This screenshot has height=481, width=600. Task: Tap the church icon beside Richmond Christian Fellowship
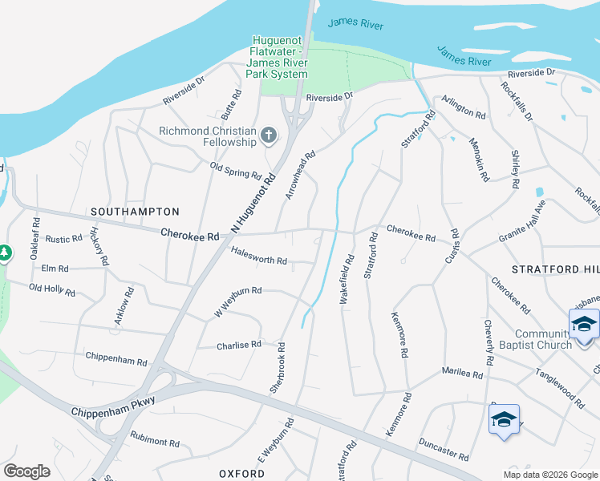pyautogui.click(x=269, y=137)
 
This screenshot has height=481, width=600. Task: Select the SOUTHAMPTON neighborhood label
pyautogui.click(x=135, y=211)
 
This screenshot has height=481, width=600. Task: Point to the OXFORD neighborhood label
pyautogui.click(x=242, y=474)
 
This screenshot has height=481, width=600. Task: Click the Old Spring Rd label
pyautogui.click(x=236, y=170)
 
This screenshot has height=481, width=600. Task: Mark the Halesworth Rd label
pyautogui.click(x=258, y=260)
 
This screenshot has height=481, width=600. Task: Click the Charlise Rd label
pyautogui.click(x=239, y=345)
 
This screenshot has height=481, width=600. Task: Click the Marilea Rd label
pyautogui.click(x=461, y=374)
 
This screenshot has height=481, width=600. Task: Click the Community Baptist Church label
pyautogui.click(x=543, y=339)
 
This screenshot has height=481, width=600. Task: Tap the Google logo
pyautogui.click(x=26, y=471)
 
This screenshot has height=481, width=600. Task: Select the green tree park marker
pyautogui.click(x=5, y=253)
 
